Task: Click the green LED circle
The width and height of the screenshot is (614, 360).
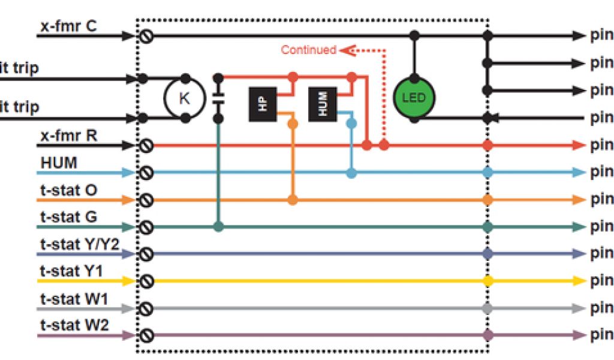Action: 413,97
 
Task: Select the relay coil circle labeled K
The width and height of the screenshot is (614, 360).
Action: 185,98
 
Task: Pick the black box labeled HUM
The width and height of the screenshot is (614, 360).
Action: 324,102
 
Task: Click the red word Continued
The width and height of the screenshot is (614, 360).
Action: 308,50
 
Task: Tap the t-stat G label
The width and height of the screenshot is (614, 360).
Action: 68,217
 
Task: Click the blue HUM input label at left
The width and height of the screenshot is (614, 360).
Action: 58,163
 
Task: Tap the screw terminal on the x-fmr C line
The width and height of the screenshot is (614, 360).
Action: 146,36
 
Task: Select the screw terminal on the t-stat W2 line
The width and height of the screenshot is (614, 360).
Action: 146,335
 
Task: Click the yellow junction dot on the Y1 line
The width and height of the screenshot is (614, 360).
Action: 488,281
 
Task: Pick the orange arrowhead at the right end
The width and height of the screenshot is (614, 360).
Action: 578,199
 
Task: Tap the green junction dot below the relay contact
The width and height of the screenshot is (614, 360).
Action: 219,227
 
